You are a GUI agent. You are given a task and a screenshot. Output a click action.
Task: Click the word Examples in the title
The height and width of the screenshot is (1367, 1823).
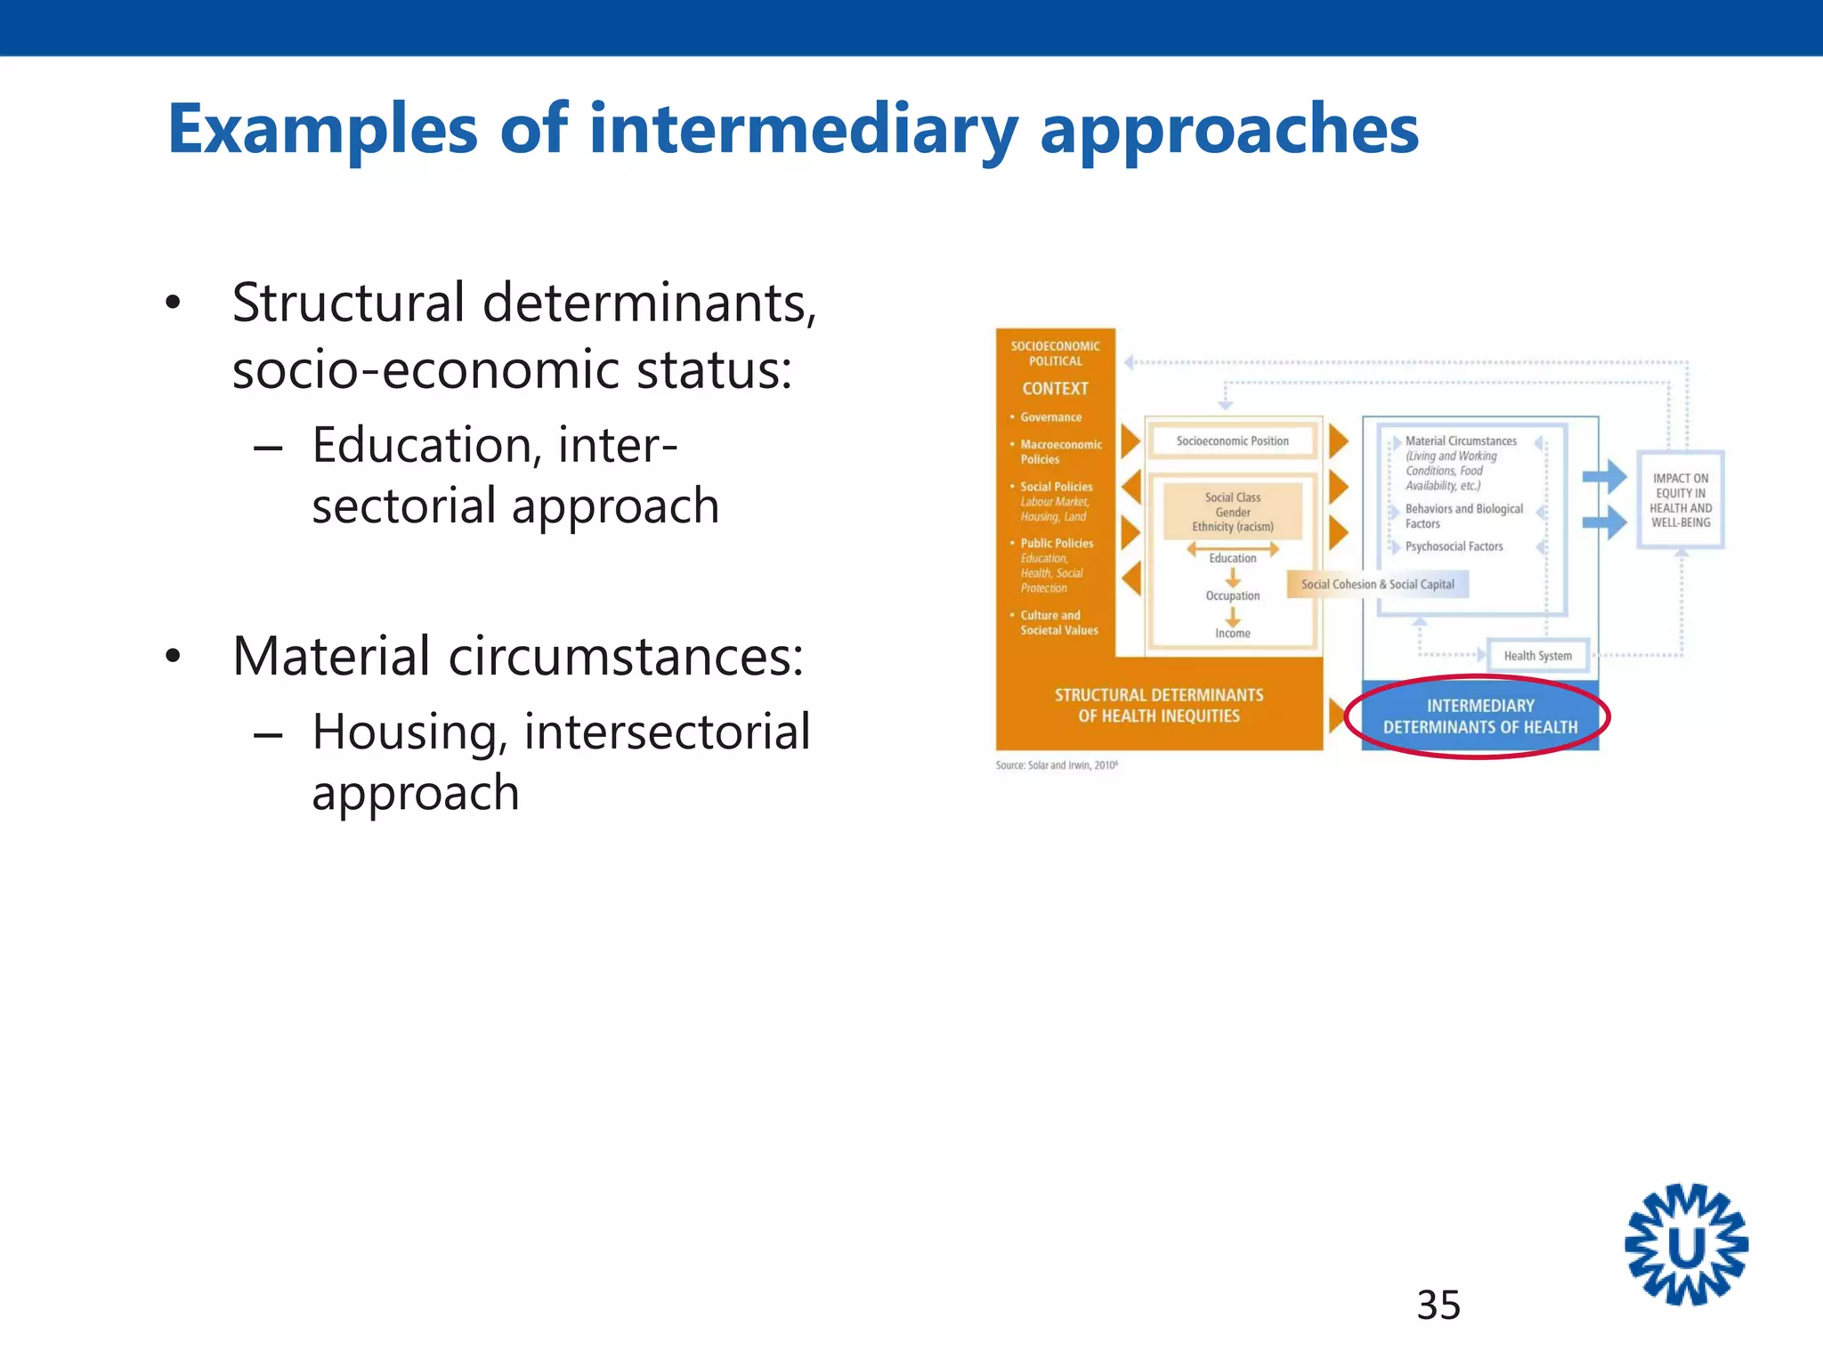tap(322, 131)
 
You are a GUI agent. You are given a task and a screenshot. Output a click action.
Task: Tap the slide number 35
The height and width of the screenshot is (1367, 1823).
tap(1438, 1305)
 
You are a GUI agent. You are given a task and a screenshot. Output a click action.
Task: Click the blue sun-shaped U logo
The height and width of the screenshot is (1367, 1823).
tap(1686, 1244)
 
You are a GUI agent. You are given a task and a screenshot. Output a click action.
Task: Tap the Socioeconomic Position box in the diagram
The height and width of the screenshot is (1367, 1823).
tap(1232, 441)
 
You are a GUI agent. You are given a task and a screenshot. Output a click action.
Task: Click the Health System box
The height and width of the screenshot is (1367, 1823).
tap(1537, 656)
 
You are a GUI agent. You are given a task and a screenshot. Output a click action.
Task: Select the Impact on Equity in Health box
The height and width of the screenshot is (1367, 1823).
tap(1681, 500)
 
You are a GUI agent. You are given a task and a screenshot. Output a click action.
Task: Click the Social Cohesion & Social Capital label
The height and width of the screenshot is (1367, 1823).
tap(1377, 585)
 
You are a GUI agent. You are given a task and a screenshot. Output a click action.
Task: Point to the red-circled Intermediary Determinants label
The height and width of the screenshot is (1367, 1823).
tap(1479, 716)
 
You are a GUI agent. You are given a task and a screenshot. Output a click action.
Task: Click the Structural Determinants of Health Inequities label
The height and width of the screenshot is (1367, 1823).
tap(1158, 705)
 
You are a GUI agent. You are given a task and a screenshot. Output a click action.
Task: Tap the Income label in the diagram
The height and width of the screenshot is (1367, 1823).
tap(1232, 634)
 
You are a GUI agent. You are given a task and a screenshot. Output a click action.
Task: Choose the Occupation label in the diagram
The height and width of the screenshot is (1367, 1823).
tap(1232, 596)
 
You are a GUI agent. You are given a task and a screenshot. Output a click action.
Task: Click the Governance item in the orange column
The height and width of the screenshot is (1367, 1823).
tap(1050, 417)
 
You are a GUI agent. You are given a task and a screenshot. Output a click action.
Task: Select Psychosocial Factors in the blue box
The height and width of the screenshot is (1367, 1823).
tap(1454, 546)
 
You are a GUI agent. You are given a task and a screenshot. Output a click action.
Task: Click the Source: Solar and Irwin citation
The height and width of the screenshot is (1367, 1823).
tap(1057, 765)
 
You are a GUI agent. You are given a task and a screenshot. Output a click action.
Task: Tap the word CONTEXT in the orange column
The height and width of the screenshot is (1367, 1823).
tap(1055, 389)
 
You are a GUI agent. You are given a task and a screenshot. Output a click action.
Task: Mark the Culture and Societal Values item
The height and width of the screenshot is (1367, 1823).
tap(1058, 623)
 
